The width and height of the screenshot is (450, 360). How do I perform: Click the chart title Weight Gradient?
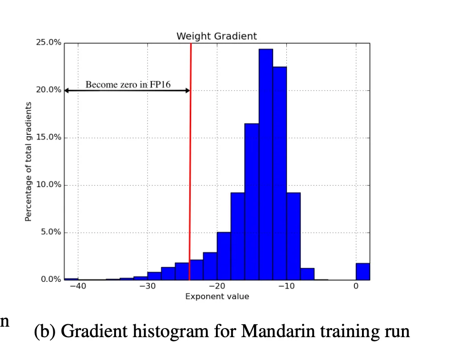point(216,36)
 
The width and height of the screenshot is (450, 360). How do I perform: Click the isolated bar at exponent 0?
point(362,271)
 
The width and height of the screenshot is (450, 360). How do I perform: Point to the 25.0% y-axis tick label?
point(49,42)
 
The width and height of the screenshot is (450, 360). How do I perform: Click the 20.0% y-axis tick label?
point(49,90)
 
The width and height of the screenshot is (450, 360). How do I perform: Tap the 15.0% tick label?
point(49,137)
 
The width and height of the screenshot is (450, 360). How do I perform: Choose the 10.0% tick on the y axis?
point(49,185)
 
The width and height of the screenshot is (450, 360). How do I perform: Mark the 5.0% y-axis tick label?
point(50,232)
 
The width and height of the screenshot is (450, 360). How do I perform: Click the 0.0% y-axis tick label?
point(50,280)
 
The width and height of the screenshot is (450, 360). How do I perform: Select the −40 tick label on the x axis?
point(78,287)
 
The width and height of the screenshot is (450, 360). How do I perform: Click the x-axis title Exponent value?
point(217,297)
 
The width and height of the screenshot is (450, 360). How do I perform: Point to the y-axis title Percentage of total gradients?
point(29,161)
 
